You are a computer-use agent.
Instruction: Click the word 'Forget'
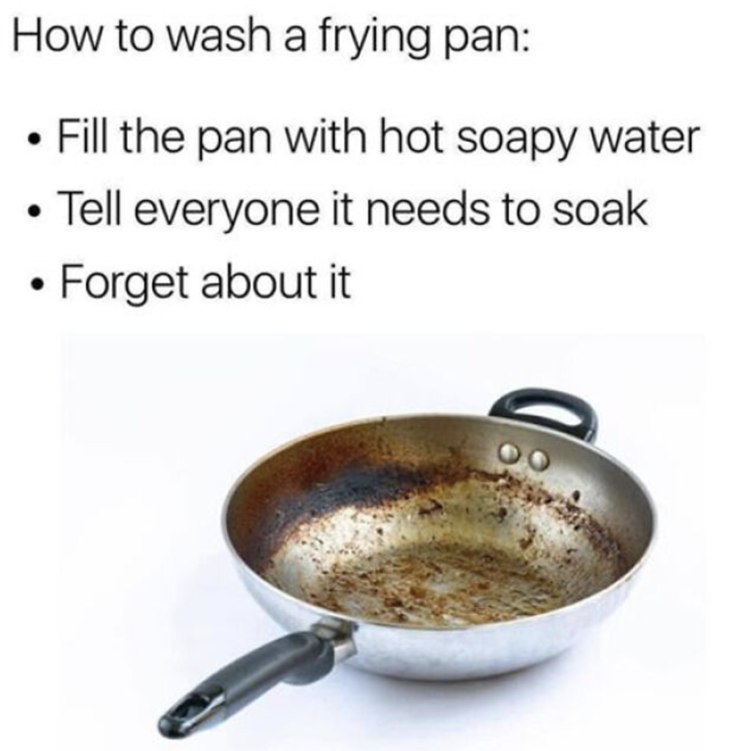point(125,284)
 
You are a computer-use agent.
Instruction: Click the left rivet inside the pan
point(509,453)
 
